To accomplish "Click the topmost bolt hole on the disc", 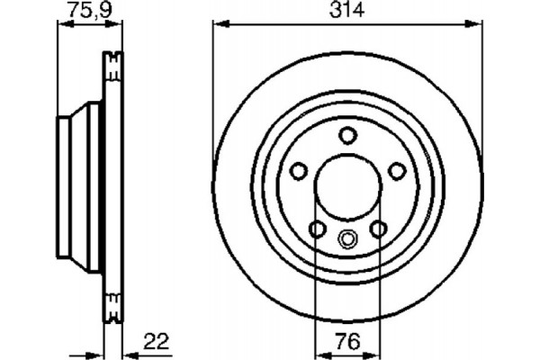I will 347,135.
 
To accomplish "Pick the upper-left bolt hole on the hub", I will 298,170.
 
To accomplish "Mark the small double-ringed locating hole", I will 347,239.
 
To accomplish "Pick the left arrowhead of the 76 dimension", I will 318,354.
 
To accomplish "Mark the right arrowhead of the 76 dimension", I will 377,354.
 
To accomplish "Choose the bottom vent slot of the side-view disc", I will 112,308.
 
